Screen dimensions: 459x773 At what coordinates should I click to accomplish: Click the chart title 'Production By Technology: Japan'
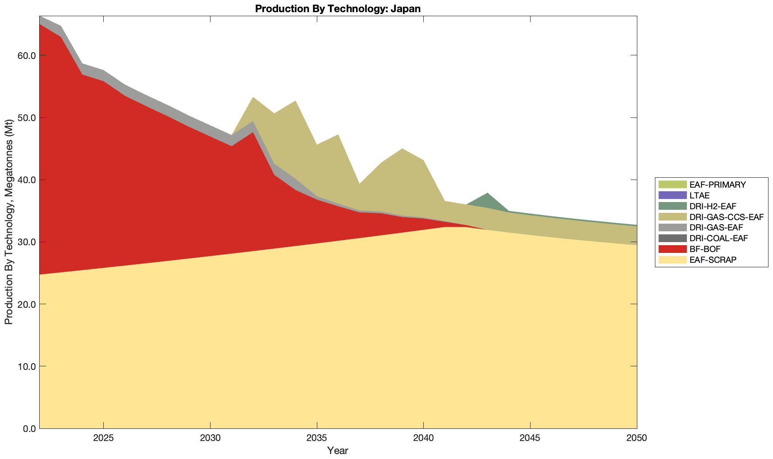pos(338,9)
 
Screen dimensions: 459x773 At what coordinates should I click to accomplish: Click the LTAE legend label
pos(700,196)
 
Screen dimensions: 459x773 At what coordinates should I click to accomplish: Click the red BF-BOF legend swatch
pos(672,249)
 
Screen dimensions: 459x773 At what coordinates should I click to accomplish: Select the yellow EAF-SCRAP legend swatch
pos(672,260)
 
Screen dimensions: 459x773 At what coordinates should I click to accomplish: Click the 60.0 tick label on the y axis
pos(27,56)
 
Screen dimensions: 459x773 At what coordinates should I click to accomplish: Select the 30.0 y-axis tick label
pos(27,242)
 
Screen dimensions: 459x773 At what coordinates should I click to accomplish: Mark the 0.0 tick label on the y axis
pos(29,428)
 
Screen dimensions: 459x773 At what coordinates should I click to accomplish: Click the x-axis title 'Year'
pos(338,450)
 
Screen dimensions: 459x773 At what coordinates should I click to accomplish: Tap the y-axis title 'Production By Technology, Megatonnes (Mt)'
pos(9,222)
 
